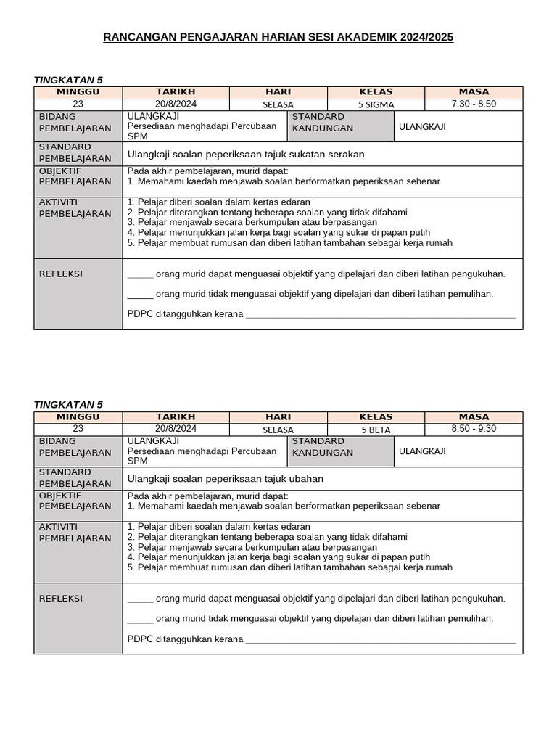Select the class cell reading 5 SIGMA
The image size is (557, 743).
coord(376,104)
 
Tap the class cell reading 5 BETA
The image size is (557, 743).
coord(376,430)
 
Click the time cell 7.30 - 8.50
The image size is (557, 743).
coord(474,104)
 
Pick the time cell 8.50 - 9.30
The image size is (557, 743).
coord(474,429)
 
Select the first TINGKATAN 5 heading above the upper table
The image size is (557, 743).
coord(69,79)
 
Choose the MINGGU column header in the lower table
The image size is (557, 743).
coord(78,417)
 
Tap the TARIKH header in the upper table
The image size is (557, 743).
coord(176,92)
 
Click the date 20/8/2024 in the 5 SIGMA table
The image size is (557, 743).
coord(176,104)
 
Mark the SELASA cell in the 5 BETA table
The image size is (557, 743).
coord(278,430)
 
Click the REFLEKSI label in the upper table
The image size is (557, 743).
coord(60,274)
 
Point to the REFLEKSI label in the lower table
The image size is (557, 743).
coord(60,599)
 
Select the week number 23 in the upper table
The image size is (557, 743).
coord(78,104)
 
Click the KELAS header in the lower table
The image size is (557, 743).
coord(376,417)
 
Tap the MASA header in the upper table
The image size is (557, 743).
coord(474,92)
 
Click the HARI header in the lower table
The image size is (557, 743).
coord(278,417)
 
